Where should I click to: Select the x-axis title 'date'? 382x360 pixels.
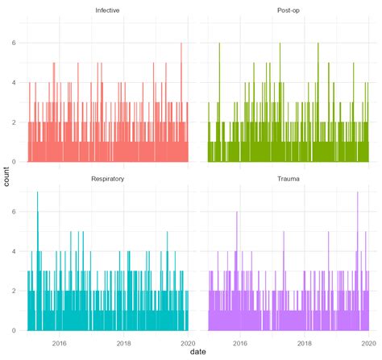tap(198, 352)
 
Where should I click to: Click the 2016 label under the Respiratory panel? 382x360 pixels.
tap(60, 341)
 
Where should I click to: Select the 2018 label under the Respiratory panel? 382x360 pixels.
tap(124, 341)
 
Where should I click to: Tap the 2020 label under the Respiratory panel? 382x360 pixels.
tap(188, 341)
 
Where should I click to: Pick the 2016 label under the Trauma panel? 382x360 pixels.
tap(239, 341)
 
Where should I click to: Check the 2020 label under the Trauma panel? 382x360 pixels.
tap(367, 341)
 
